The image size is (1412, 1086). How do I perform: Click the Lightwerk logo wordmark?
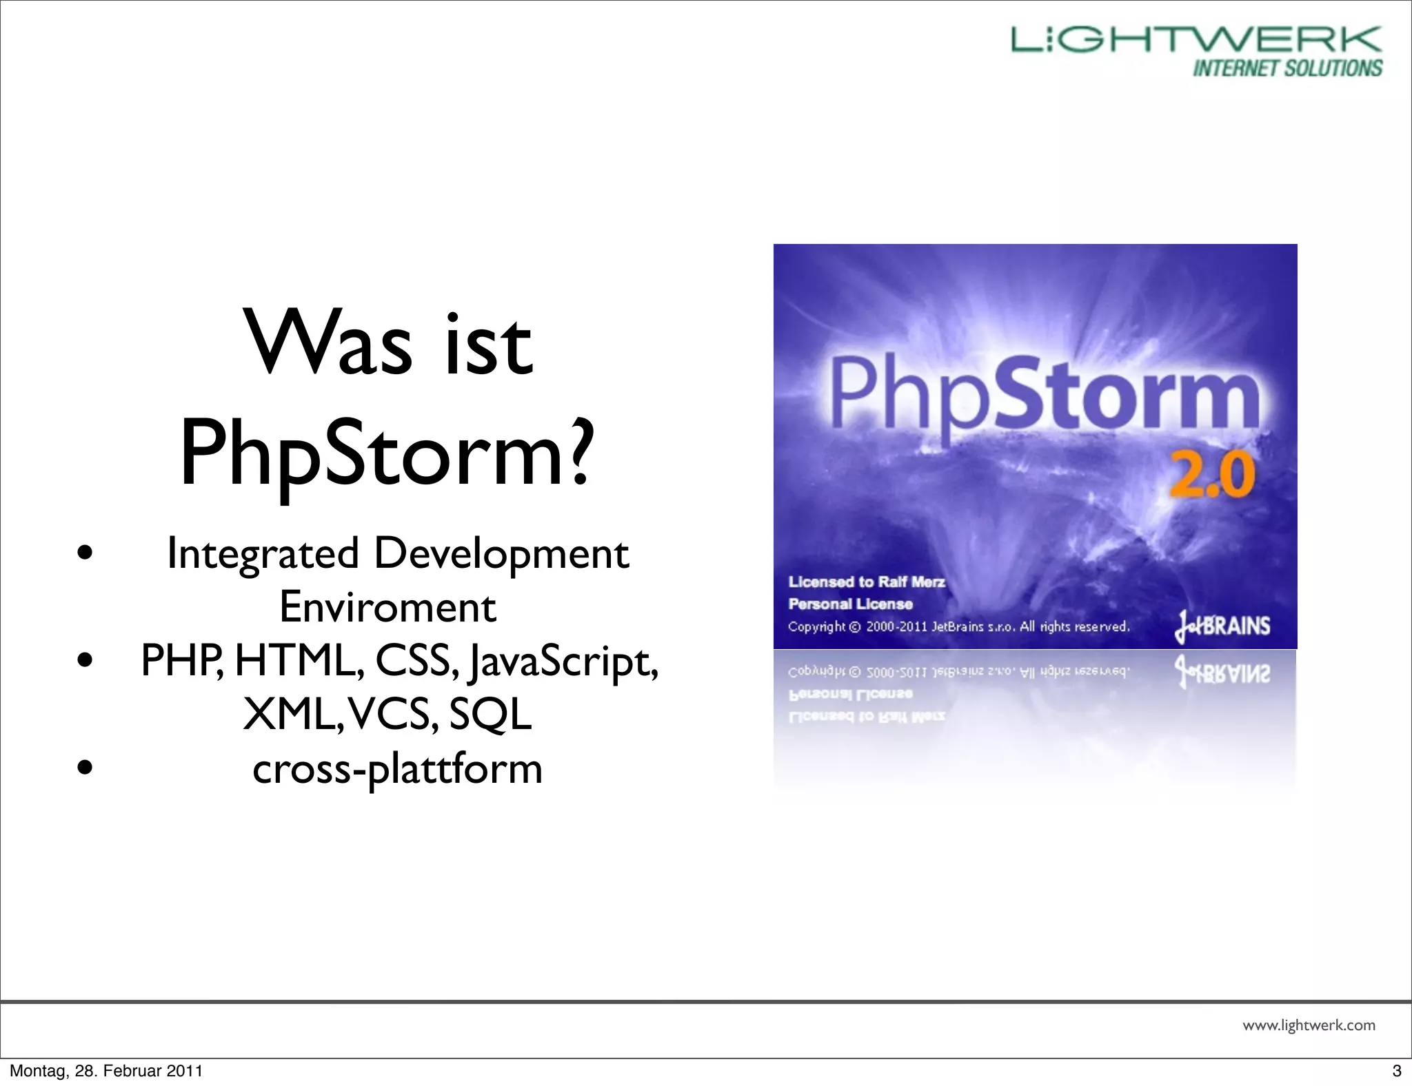pyautogui.click(x=1196, y=40)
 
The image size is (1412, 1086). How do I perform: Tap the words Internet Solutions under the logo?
pyautogui.click(x=1287, y=68)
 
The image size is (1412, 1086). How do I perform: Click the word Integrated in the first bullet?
pyautogui.click(x=263, y=554)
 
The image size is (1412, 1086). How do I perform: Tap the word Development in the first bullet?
pyautogui.click(x=501, y=554)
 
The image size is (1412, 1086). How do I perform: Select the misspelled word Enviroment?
pyautogui.click(x=387, y=607)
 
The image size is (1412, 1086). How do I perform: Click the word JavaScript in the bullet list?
pyautogui.click(x=563, y=662)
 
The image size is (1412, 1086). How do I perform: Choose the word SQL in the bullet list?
pyautogui.click(x=490, y=714)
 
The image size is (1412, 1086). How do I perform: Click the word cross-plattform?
pyautogui.click(x=397, y=768)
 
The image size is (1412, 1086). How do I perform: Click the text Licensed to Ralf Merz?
pyautogui.click(x=867, y=582)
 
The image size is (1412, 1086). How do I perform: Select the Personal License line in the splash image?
pyautogui.click(x=850, y=604)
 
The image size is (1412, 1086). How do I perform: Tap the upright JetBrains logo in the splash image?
pyautogui.click(x=1222, y=626)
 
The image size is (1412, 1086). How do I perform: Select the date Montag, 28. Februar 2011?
pyautogui.click(x=106, y=1071)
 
